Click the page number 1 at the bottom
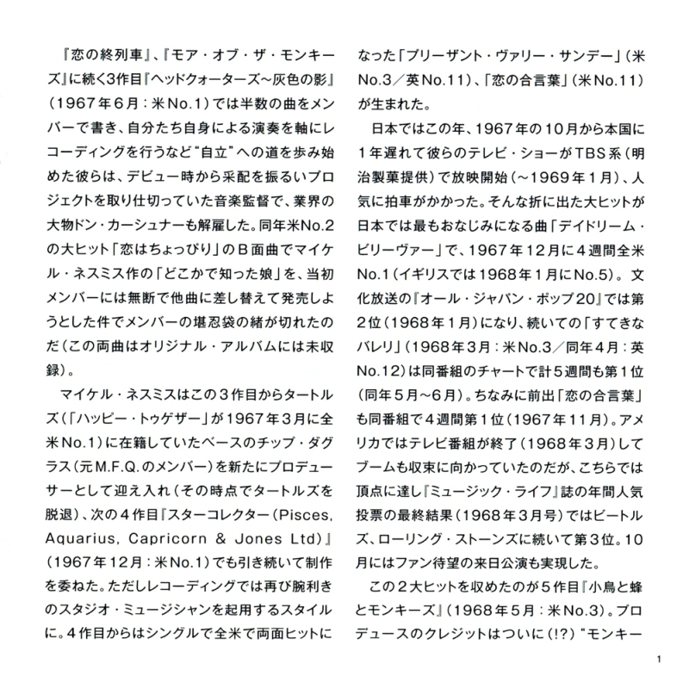tap(657, 661)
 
